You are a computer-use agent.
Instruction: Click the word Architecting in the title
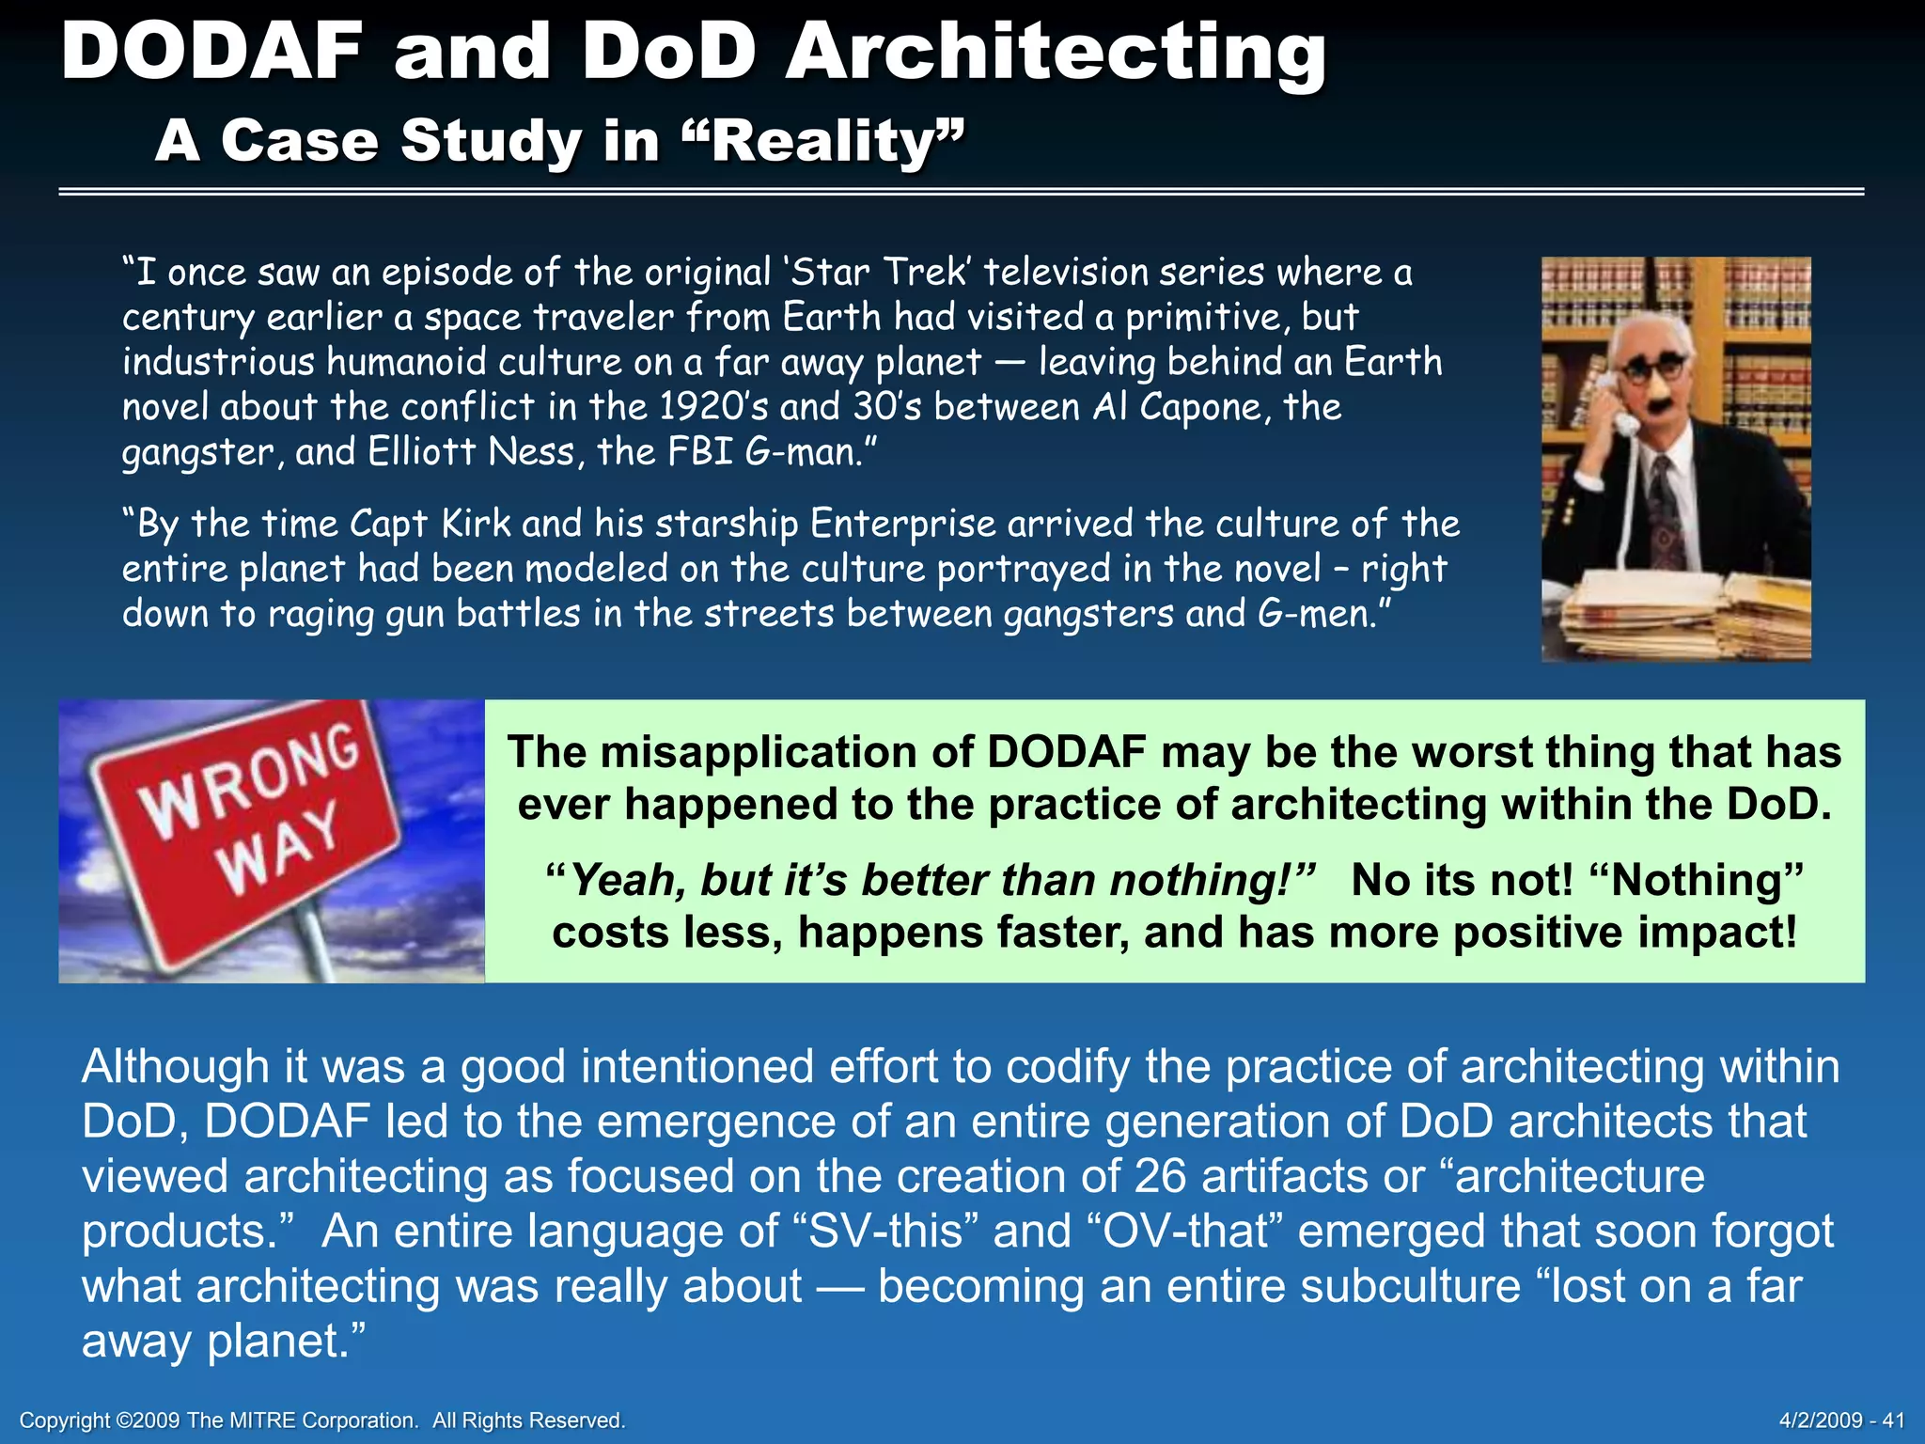coord(1055,54)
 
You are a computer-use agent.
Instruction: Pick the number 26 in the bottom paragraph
coord(1160,1177)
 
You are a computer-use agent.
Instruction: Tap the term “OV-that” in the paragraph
coord(1185,1232)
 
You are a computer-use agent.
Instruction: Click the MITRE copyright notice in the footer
coord(322,1420)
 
